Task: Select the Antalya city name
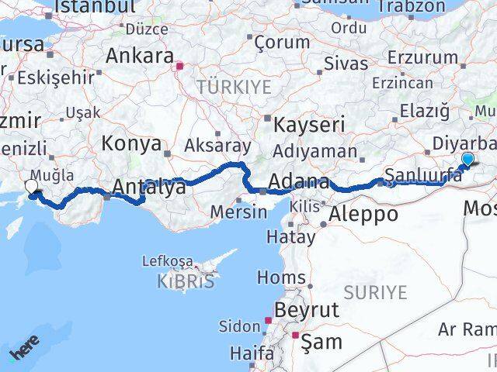(149, 187)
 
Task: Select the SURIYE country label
(375, 292)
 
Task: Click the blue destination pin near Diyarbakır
(467, 160)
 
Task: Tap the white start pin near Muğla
(32, 187)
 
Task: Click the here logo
(25, 353)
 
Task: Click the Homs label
(280, 277)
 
